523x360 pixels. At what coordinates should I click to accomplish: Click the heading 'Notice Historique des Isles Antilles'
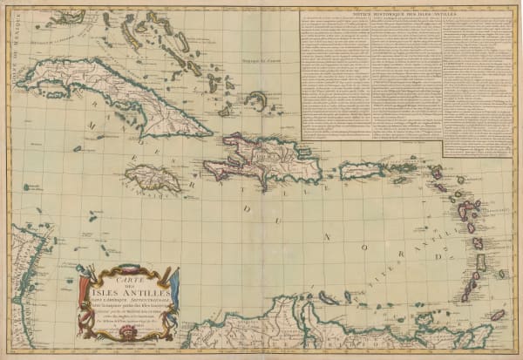tap(405, 15)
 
